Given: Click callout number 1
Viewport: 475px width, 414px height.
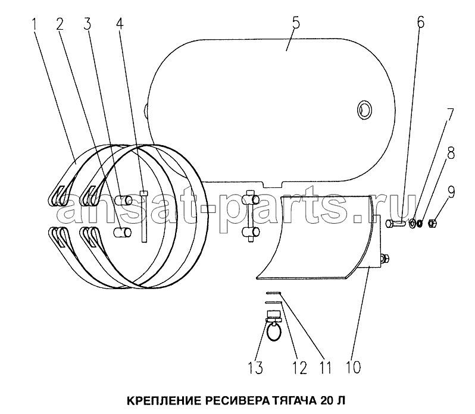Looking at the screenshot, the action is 35,24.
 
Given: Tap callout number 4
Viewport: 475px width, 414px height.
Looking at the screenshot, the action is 120,23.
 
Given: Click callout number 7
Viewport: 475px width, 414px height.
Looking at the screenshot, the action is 449,115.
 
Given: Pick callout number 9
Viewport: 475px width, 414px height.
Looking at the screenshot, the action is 451,192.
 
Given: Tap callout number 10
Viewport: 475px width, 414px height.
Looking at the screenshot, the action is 353,367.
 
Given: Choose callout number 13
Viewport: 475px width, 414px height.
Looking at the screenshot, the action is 255,368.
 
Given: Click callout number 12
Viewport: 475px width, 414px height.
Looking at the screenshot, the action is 299,368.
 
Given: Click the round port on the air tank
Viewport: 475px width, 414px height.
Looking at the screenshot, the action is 364,110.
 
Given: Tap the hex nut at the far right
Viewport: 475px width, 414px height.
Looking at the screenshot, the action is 432,224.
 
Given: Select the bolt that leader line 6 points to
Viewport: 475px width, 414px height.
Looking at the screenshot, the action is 395,224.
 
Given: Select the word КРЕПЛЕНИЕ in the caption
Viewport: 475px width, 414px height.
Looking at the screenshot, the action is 164,401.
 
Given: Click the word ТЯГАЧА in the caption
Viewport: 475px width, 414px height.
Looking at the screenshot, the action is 295,401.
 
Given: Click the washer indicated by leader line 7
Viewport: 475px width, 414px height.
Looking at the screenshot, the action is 412,224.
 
